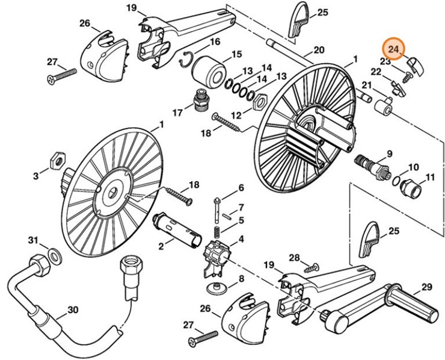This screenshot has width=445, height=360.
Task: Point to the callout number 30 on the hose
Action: (72, 310)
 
